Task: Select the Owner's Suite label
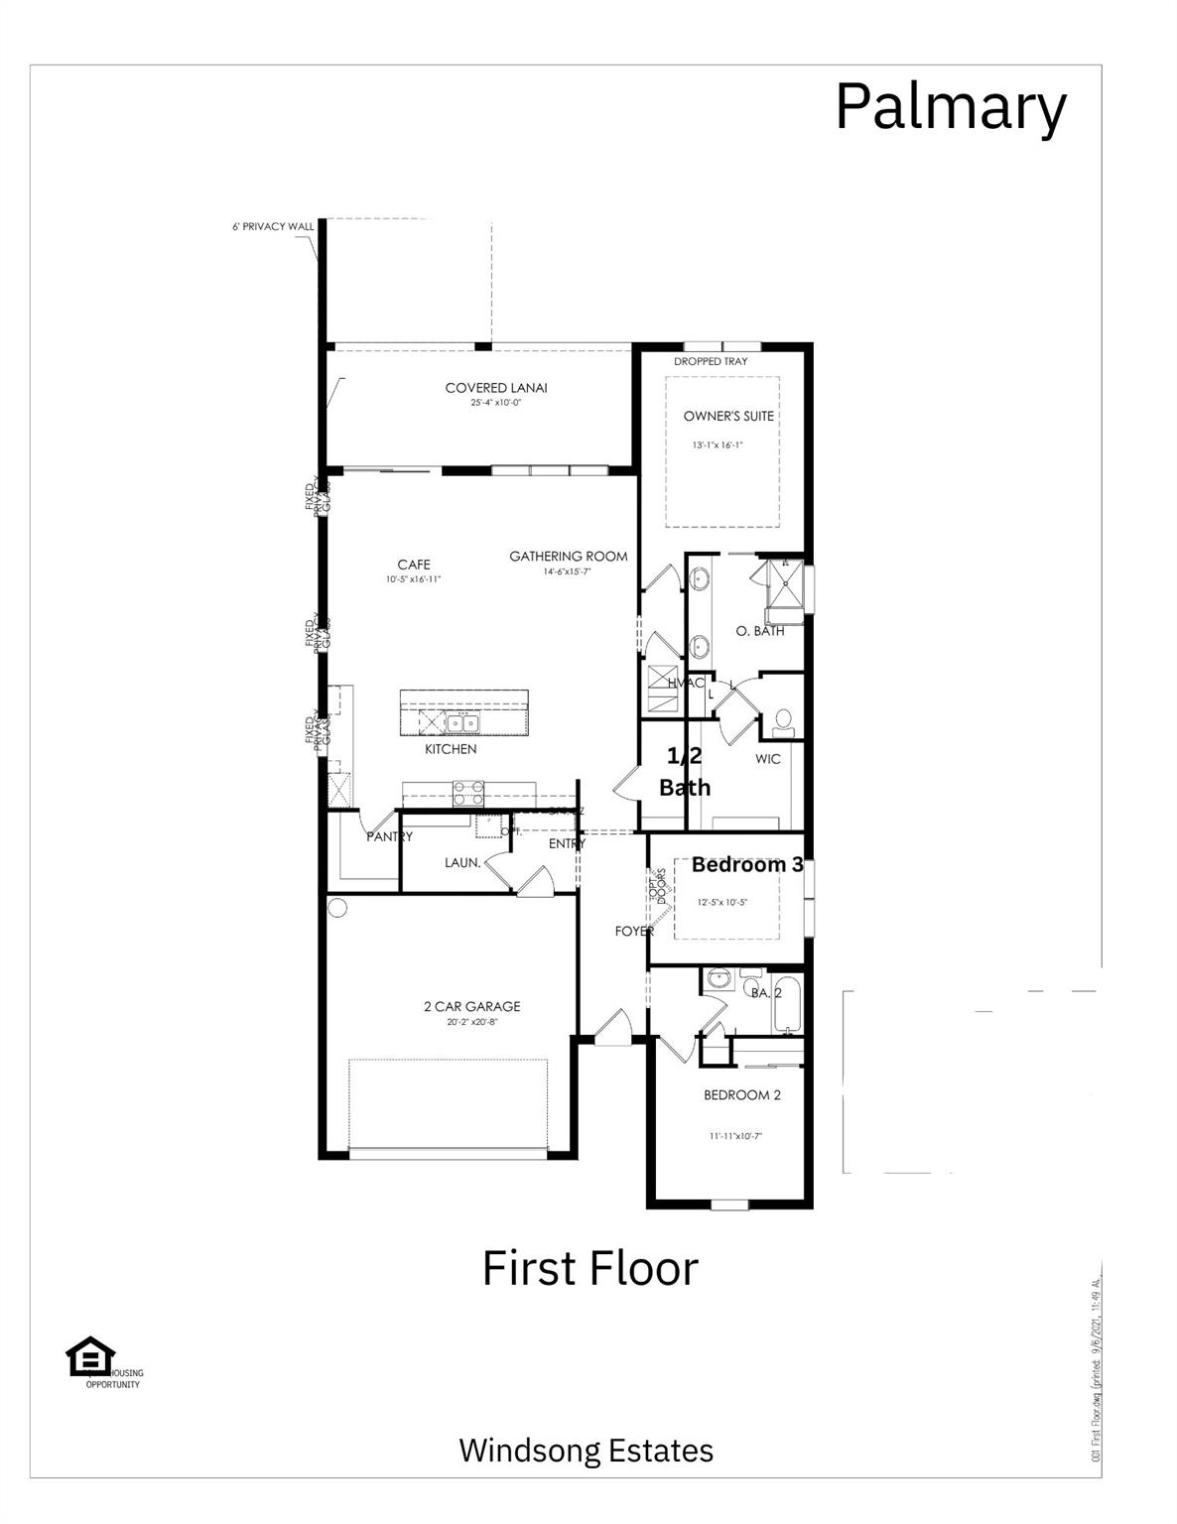click(x=728, y=416)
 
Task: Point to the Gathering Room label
click(x=568, y=557)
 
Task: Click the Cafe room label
click(x=414, y=565)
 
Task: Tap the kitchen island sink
click(x=462, y=721)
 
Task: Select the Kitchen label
click(x=451, y=749)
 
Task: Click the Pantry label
click(x=389, y=836)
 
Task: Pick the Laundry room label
click(x=462, y=863)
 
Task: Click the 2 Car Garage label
click(x=471, y=1006)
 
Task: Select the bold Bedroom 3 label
click(x=746, y=864)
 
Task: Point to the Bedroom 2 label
click(x=741, y=1095)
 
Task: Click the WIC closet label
click(x=767, y=759)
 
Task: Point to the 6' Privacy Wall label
click(x=272, y=226)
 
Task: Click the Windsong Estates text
click(x=586, y=1451)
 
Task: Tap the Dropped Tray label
click(x=711, y=361)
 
